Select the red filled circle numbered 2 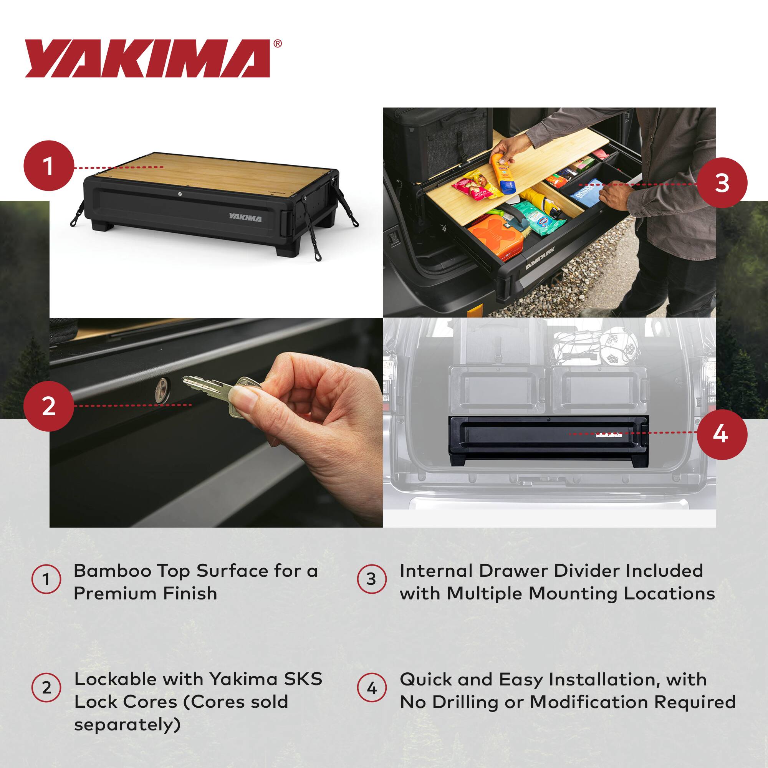[x=48, y=406]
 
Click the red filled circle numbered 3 [x=722, y=182]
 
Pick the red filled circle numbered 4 [x=722, y=434]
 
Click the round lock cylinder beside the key [x=163, y=386]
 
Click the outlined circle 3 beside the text [x=371, y=579]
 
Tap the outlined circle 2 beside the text [x=46, y=688]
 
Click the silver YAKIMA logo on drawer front [x=245, y=218]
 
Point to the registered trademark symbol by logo [x=278, y=43]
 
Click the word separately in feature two [x=127, y=724]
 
